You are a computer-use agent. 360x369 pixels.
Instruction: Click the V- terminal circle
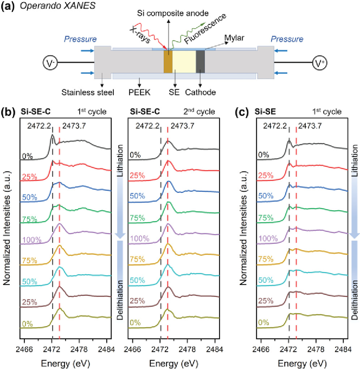click(50, 63)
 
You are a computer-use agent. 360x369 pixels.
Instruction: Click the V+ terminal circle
click(319, 63)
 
